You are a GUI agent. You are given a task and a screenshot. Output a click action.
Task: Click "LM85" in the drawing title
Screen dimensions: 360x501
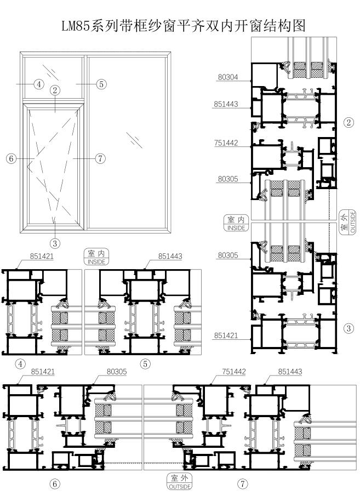click(76, 26)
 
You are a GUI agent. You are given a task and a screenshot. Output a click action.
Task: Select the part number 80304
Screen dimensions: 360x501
click(228, 77)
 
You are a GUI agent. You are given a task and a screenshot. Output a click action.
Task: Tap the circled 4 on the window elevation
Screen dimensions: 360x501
click(39, 84)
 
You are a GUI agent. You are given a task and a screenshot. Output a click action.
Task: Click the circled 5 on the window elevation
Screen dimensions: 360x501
click(101, 84)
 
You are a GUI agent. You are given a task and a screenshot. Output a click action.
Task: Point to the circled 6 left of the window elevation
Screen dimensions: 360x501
click(11, 158)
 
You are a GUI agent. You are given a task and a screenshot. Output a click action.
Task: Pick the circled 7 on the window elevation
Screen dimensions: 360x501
click(101, 158)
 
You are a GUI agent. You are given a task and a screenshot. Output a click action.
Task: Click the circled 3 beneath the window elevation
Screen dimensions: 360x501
click(55, 243)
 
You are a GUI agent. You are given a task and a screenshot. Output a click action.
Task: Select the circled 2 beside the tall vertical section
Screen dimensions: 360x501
click(348, 122)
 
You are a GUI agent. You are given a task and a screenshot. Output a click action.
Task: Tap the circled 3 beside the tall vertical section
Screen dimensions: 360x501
click(348, 328)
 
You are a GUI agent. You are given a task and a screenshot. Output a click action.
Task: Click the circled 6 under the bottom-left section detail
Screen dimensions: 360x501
click(55, 484)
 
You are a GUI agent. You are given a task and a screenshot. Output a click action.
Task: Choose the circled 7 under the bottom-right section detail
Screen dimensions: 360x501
click(243, 484)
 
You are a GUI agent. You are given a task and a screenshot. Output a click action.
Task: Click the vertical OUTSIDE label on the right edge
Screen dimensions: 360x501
click(353, 221)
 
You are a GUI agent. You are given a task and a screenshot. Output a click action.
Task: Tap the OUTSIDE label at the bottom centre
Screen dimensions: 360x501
click(180, 487)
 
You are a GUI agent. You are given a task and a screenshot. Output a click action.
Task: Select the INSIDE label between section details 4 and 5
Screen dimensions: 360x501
click(96, 261)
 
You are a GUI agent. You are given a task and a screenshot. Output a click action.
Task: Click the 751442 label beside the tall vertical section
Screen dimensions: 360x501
click(226, 143)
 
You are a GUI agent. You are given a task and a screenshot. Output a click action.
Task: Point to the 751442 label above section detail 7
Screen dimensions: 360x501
click(234, 372)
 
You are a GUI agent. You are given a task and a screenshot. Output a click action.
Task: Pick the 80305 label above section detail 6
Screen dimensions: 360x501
click(117, 372)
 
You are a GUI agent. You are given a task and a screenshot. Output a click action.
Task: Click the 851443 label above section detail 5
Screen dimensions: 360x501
click(170, 256)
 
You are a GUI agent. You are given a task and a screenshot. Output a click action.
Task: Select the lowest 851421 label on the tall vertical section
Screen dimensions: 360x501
click(226, 335)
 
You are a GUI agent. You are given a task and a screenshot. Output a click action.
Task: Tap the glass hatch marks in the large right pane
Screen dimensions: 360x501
click(134, 140)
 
